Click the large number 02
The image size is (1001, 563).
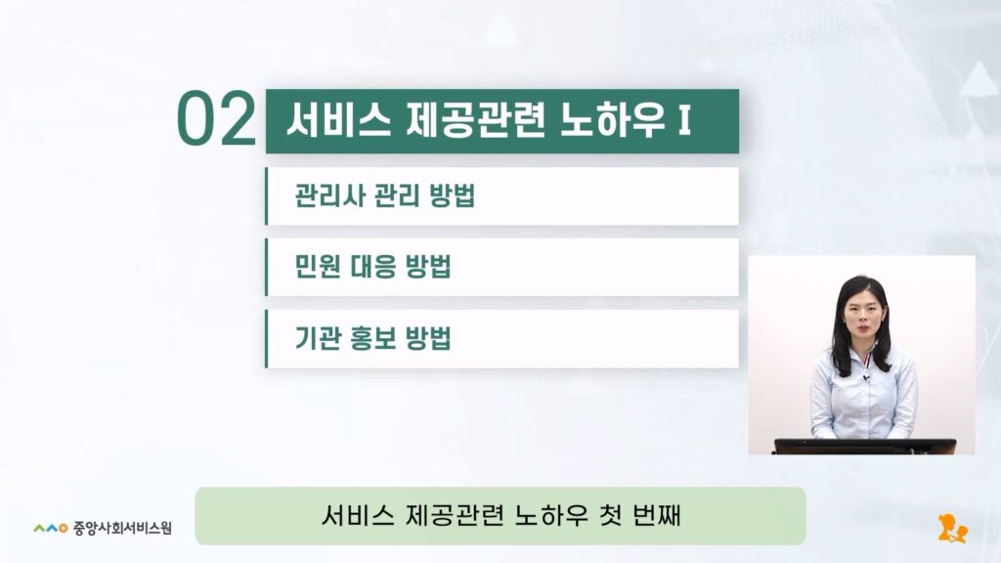(x=216, y=119)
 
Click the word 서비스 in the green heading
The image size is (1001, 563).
(x=338, y=119)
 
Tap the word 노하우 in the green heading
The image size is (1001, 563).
(x=612, y=119)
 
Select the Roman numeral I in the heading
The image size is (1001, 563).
(x=684, y=119)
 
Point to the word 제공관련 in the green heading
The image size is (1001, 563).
(x=476, y=119)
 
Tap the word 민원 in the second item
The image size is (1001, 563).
(x=317, y=266)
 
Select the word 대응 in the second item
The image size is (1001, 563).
(x=372, y=266)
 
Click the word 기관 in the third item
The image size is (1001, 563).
(x=317, y=337)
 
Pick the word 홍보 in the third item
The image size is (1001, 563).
(x=372, y=337)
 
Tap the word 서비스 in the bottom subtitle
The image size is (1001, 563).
(x=358, y=515)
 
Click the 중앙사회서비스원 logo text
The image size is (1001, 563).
(x=122, y=528)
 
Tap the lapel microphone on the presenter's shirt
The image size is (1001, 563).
(x=866, y=378)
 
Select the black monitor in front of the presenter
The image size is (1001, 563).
(x=865, y=446)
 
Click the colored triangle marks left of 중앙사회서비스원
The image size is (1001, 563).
(x=51, y=528)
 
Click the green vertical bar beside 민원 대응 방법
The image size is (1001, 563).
(x=266, y=267)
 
